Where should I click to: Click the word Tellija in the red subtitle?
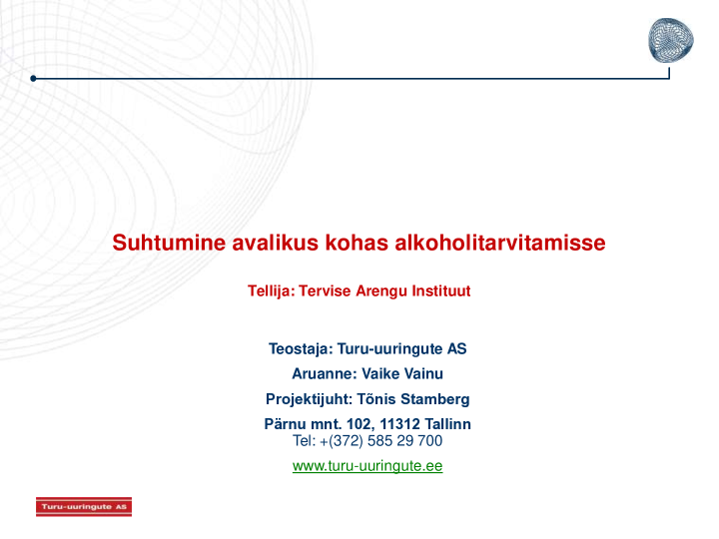click(x=270, y=291)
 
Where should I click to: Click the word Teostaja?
click(x=300, y=349)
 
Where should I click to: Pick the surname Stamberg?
click(x=433, y=399)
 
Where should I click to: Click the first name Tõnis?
click(x=375, y=399)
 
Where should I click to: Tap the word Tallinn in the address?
click(x=448, y=424)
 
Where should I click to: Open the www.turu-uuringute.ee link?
click(x=367, y=466)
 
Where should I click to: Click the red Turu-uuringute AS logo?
click(x=84, y=507)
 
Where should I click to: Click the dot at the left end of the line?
click(x=33, y=78)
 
